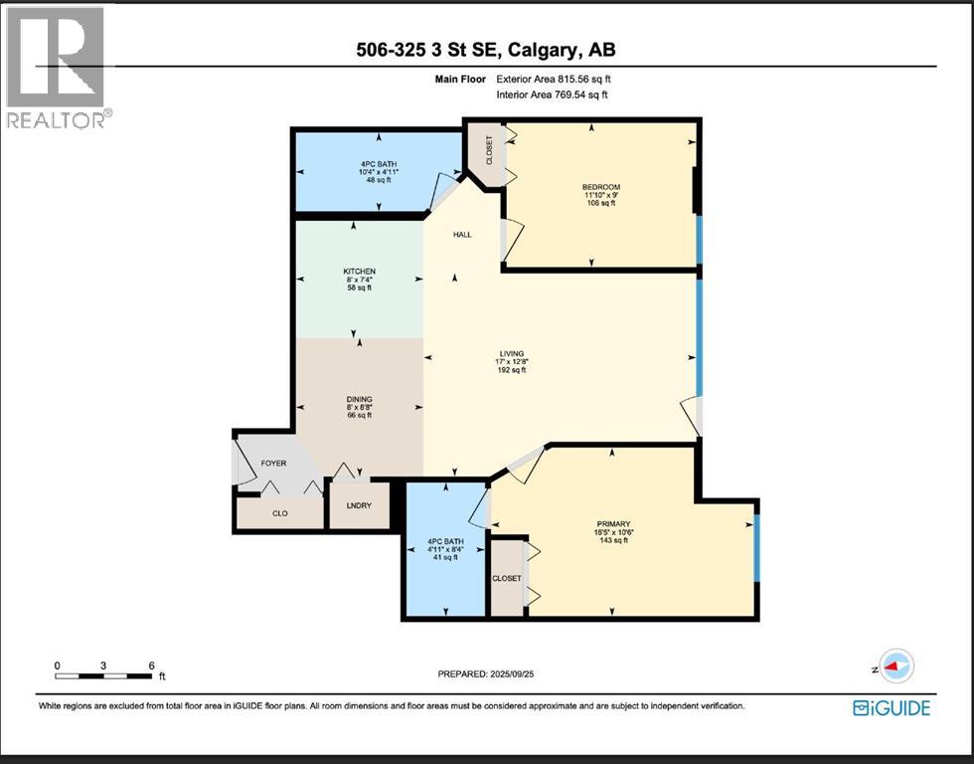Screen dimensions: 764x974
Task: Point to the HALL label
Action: (x=462, y=235)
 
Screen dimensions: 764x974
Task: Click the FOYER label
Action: (x=273, y=463)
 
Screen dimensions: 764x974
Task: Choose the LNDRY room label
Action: (x=359, y=506)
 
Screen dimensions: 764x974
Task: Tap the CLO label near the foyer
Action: (x=279, y=515)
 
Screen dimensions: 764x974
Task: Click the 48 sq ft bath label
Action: (x=379, y=172)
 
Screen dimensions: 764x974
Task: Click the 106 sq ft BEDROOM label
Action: (x=600, y=195)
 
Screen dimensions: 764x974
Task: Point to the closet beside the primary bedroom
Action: (x=507, y=578)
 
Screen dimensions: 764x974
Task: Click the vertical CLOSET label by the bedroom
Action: (x=488, y=150)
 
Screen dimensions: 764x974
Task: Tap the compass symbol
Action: (x=896, y=668)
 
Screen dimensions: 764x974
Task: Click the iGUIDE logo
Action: (x=892, y=708)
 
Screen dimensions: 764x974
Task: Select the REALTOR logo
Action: (x=57, y=68)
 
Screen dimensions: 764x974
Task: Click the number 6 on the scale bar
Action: (x=150, y=666)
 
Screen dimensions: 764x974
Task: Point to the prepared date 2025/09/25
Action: (x=487, y=673)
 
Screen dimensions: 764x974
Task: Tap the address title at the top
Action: (x=486, y=50)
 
